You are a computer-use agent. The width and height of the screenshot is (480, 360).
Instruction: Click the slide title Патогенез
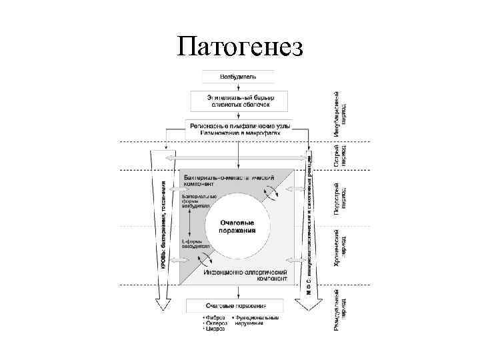click(240, 47)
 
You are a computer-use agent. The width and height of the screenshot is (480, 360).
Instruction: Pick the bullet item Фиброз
click(215, 318)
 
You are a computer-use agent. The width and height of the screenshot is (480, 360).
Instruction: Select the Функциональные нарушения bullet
click(256, 321)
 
